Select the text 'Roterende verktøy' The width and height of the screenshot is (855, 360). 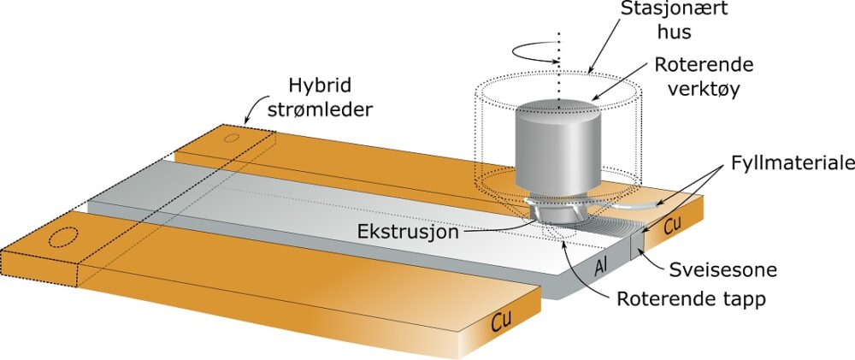(695, 77)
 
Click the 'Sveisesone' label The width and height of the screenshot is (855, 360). (734, 270)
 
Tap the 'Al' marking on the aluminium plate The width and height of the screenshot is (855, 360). (601, 271)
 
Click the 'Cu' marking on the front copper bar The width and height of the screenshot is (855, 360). (507, 322)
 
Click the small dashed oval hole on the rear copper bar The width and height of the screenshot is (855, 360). (231, 136)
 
